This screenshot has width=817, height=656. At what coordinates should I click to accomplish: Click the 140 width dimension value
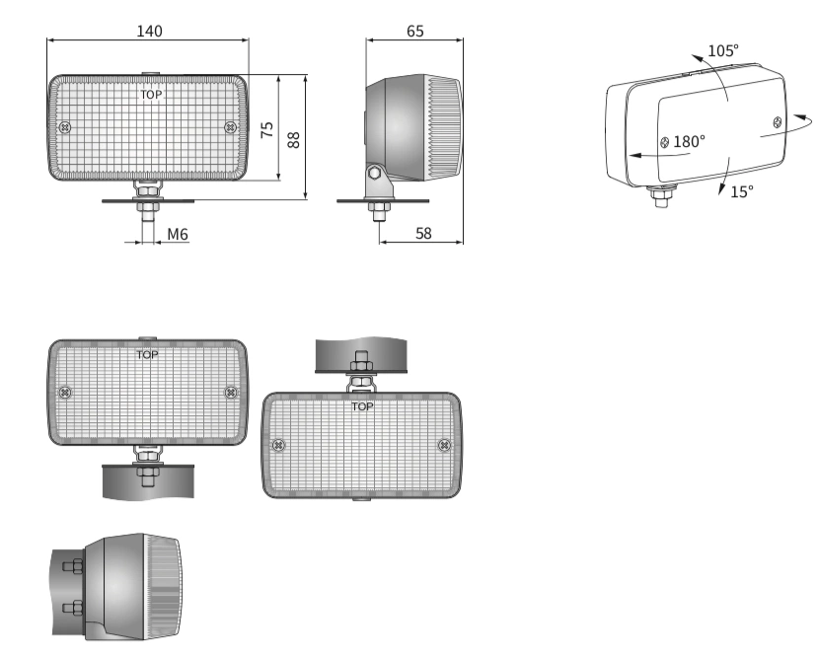(150, 32)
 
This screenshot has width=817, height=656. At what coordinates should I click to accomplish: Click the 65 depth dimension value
(415, 32)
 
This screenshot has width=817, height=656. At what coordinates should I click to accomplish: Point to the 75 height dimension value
(266, 129)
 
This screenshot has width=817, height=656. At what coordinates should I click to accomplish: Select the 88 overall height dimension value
(294, 140)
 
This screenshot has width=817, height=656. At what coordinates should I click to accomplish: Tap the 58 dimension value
(423, 234)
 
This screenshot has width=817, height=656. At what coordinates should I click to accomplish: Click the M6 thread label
(178, 235)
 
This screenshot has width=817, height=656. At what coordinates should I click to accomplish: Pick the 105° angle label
(723, 50)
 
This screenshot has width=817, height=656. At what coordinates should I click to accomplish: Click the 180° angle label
(689, 141)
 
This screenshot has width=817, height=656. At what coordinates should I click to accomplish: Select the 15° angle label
(741, 192)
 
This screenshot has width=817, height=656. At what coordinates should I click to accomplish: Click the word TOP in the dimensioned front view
(151, 95)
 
